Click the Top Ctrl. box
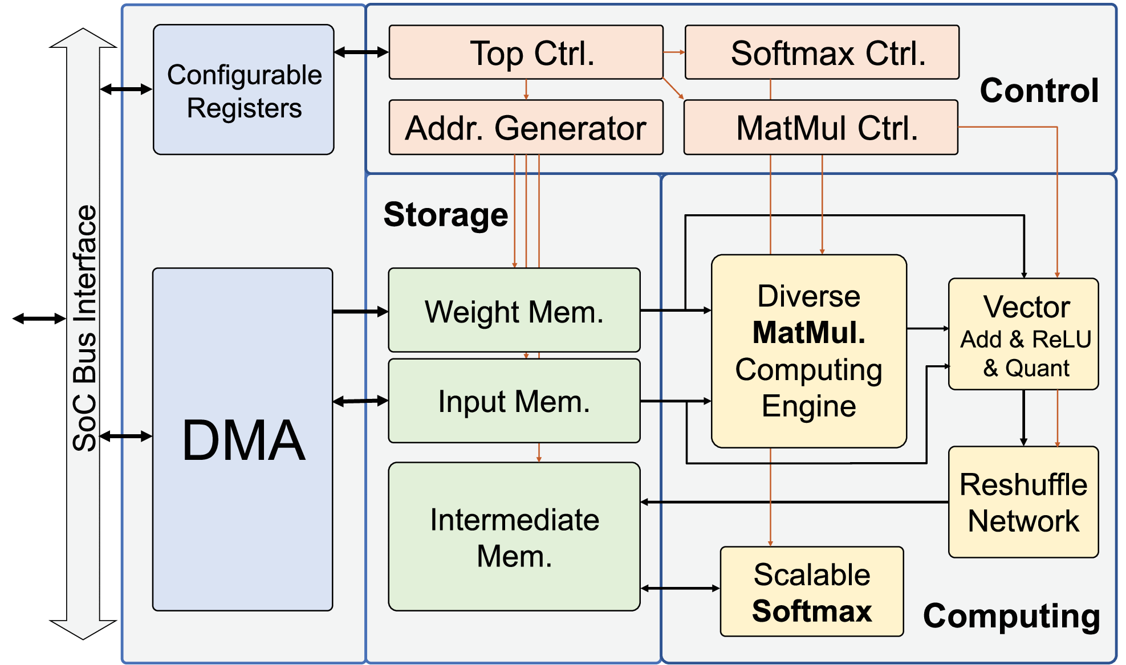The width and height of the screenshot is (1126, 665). (526, 52)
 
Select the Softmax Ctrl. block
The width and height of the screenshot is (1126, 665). (822, 52)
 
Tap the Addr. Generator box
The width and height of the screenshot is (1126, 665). (526, 128)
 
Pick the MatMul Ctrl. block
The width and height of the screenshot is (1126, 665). (820, 128)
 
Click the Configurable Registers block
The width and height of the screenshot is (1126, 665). (243, 90)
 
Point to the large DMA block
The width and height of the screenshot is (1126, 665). (243, 439)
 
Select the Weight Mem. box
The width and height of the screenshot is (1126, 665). (514, 311)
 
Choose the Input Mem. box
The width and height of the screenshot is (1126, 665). (514, 401)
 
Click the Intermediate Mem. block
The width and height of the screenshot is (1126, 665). (514, 537)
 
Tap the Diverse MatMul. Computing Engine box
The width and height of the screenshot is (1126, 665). (808, 351)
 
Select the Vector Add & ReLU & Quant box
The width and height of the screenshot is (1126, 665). (1023, 334)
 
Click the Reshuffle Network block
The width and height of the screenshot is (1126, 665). (1023, 502)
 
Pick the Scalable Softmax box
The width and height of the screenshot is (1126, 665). (811, 591)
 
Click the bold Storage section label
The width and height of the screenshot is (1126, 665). (446, 215)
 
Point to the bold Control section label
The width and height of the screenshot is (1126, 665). (1039, 91)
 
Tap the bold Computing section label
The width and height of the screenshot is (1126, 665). (1011, 616)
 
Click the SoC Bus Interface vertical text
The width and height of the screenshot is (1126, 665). (84, 328)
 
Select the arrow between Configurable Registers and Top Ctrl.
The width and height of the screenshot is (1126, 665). (361, 52)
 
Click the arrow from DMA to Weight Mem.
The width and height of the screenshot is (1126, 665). (360, 311)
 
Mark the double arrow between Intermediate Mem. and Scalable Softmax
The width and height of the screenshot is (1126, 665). (680, 588)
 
